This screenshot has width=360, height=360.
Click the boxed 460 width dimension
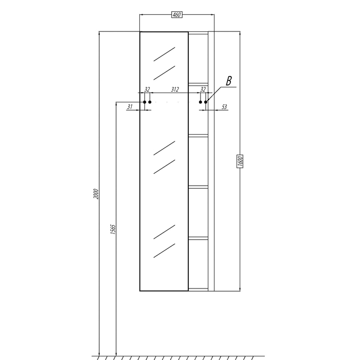177,15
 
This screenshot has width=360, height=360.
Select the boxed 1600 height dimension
240,161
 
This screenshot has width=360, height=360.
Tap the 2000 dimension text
96,194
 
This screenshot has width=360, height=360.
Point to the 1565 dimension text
113,229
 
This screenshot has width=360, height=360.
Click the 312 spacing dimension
175,89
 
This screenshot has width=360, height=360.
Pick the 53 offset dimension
224,107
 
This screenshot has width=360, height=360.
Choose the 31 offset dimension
130,107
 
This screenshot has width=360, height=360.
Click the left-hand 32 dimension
147,89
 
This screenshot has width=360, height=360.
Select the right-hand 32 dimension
203,89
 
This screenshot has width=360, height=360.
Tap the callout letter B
229,81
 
